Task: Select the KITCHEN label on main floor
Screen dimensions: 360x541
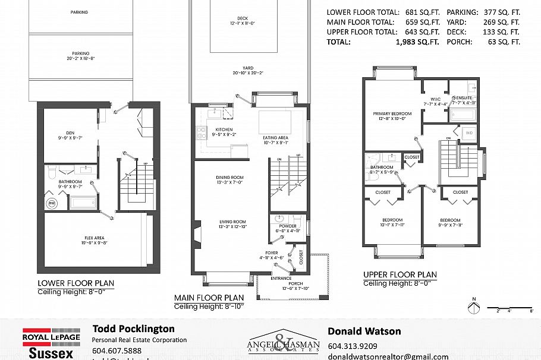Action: click(x=224, y=130)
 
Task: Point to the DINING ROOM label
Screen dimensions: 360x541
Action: click(x=231, y=178)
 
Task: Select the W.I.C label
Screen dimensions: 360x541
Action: click(x=435, y=99)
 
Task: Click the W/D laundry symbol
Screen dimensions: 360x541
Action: click(x=469, y=132)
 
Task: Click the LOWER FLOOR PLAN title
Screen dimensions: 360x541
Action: click(x=76, y=283)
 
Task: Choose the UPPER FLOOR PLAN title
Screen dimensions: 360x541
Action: click(x=400, y=275)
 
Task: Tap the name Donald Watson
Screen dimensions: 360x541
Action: click(x=364, y=331)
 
